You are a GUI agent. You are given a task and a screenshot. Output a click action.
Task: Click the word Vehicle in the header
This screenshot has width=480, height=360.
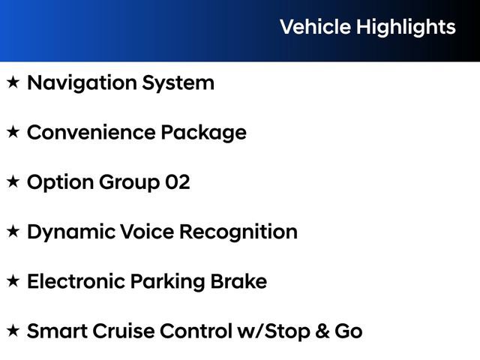pyautogui.click(x=315, y=27)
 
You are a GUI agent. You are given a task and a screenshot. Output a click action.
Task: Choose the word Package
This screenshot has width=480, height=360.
pyautogui.click(x=203, y=133)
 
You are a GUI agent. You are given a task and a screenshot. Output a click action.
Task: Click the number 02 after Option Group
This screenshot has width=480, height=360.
pyautogui.click(x=178, y=182)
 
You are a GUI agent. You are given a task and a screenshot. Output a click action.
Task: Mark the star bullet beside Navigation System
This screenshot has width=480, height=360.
pyautogui.click(x=13, y=82)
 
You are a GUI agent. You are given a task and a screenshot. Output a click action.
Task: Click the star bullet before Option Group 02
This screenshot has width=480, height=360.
pyautogui.click(x=13, y=182)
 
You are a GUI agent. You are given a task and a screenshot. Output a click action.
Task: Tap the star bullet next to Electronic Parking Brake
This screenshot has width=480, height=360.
pyautogui.click(x=13, y=282)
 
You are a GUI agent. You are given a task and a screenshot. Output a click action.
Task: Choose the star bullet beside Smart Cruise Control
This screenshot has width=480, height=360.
pyautogui.click(x=13, y=331)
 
